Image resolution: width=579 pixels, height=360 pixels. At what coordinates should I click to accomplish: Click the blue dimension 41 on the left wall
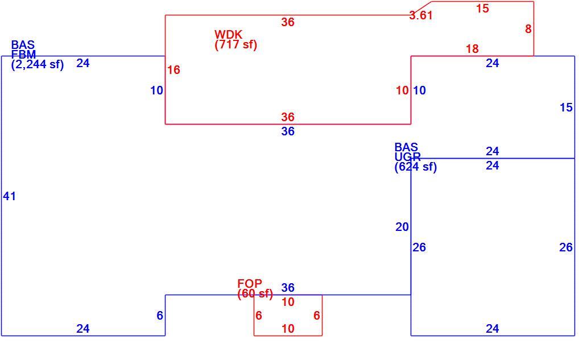coord(9,196)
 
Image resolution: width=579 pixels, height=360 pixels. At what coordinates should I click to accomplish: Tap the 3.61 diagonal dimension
coord(420,15)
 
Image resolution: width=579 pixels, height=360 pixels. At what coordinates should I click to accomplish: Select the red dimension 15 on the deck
coord(482,9)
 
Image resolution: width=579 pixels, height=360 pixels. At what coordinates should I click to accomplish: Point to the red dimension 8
coord(528,29)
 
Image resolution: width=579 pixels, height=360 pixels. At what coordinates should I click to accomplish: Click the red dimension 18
coord(472,49)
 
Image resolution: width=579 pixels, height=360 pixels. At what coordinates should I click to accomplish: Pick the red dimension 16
coord(173,70)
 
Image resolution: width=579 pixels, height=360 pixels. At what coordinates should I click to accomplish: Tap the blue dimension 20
coord(402,227)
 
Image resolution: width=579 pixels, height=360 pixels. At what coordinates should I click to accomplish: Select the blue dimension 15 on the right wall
coord(566,107)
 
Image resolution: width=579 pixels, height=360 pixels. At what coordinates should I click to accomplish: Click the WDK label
coord(228,35)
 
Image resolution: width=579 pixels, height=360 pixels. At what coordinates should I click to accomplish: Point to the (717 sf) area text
coord(235,45)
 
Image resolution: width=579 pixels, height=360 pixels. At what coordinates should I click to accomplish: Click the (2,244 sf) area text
coord(38,65)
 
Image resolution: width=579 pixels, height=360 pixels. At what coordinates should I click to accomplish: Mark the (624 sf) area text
coord(415,167)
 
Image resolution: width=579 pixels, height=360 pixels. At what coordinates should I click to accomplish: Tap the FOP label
coord(250,284)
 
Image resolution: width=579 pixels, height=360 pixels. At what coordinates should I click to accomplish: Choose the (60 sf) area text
coord(255,294)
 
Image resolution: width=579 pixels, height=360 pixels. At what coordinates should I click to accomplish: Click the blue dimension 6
coord(159,316)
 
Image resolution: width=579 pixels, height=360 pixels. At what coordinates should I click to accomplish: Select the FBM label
coord(23,55)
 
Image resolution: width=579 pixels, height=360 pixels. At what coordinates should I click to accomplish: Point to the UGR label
coord(407,157)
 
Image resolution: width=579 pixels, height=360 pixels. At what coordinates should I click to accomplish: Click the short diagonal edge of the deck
coord(421,9)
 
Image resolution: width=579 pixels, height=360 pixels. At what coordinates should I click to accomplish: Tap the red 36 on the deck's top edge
coord(288,22)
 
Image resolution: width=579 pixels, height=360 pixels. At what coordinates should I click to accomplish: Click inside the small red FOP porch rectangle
coord(288,315)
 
